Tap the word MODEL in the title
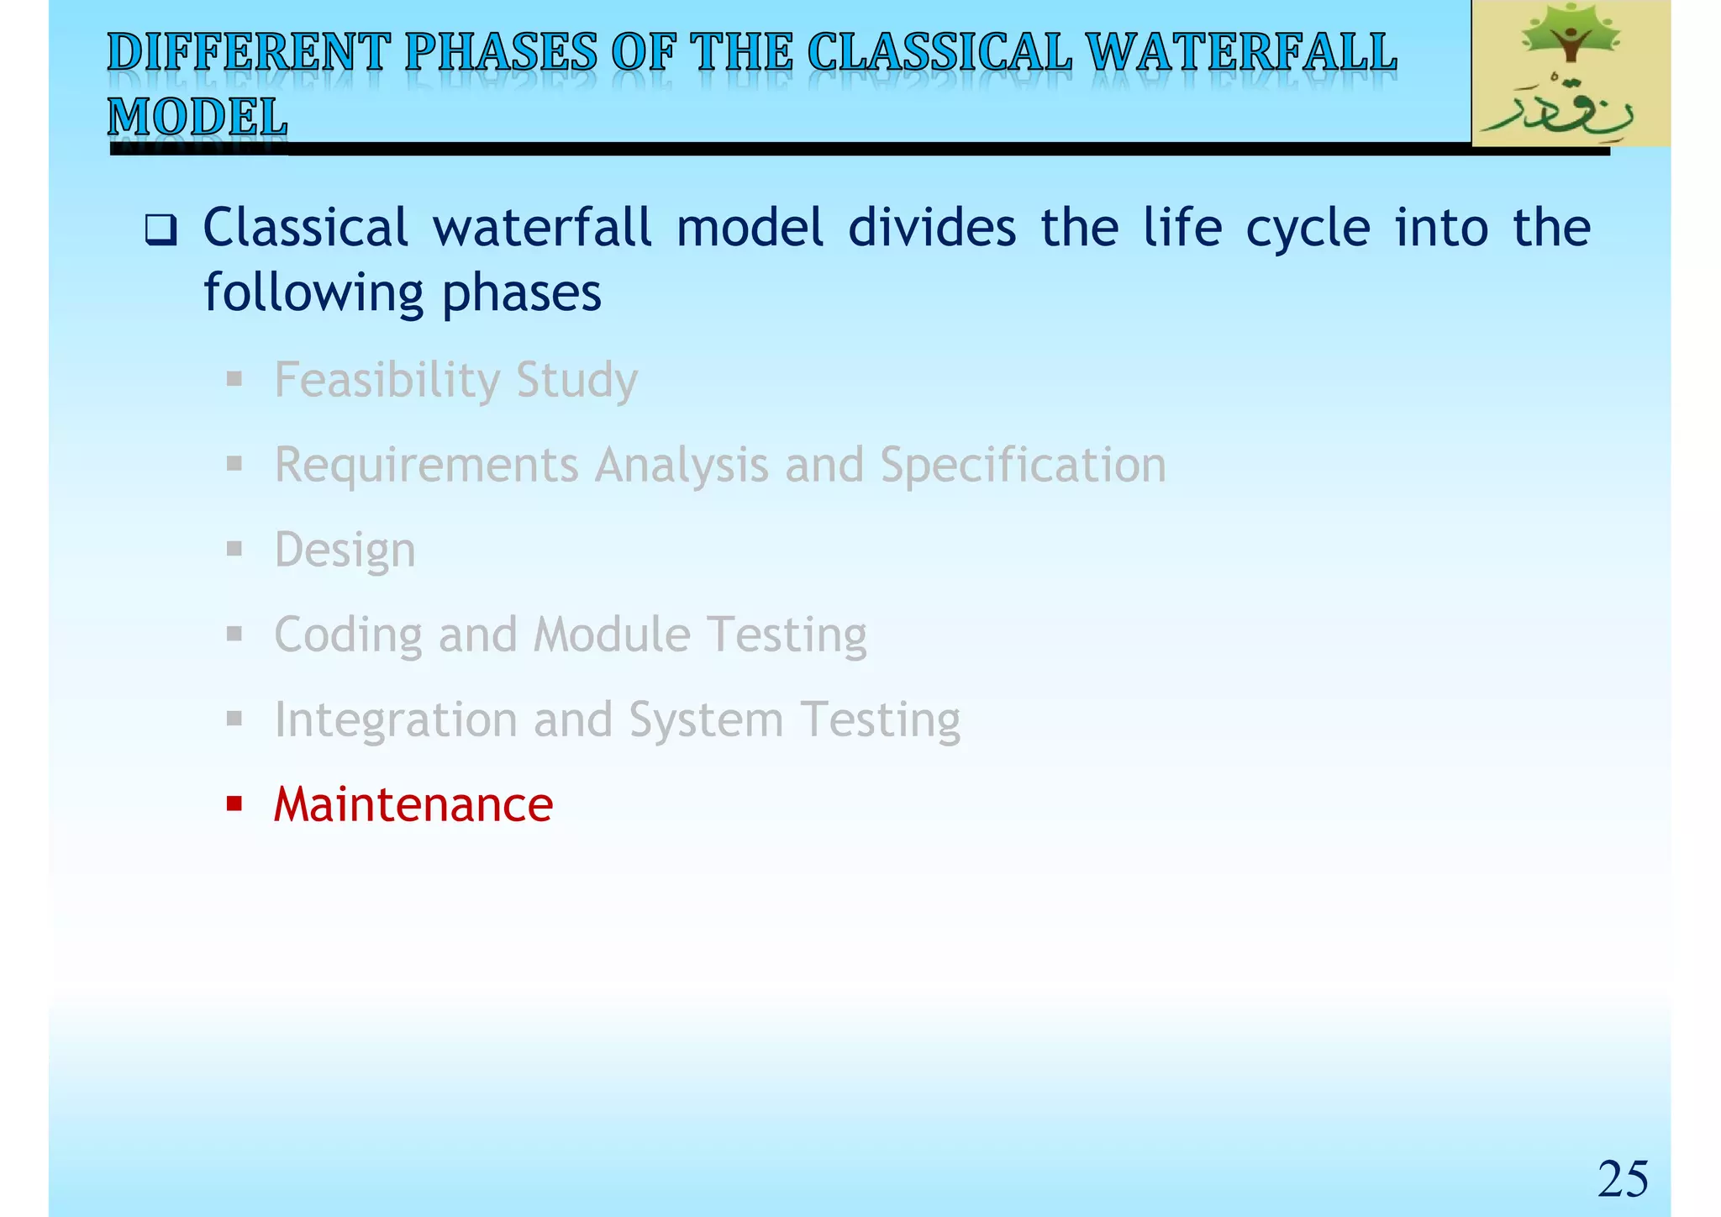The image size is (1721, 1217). (x=197, y=117)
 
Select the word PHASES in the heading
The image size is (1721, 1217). (x=501, y=53)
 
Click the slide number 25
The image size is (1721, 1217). (x=1623, y=1179)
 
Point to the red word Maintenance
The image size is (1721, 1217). (x=413, y=804)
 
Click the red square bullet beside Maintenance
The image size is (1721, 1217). (x=234, y=804)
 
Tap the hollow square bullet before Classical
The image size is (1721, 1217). (x=161, y=229)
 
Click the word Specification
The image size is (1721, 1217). (x=1023, y=465)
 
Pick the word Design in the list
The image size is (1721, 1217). (x=345, y=550)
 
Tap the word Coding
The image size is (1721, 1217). (x=348, y=635)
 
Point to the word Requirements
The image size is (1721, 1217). (x=427, y=465)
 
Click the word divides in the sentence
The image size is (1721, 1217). (x=932, y=228)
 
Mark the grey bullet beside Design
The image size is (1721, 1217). (x=234, y=550)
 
